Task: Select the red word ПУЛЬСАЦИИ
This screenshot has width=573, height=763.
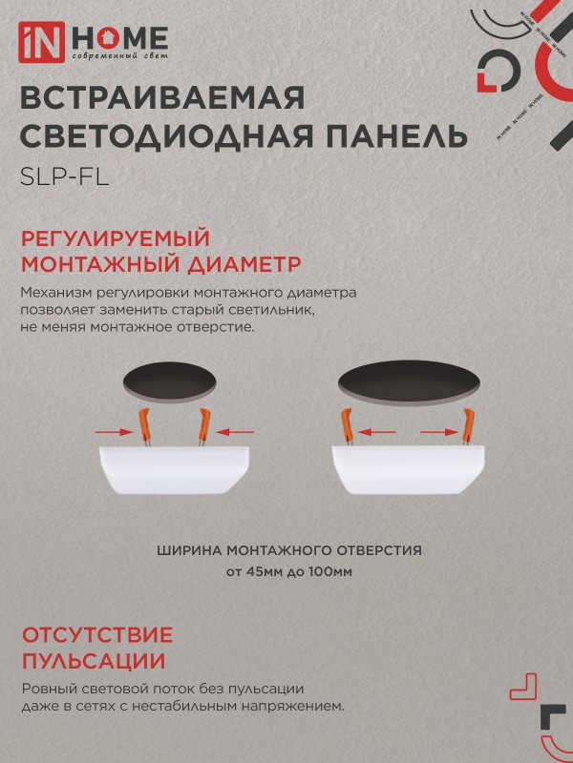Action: click(92, 661)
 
